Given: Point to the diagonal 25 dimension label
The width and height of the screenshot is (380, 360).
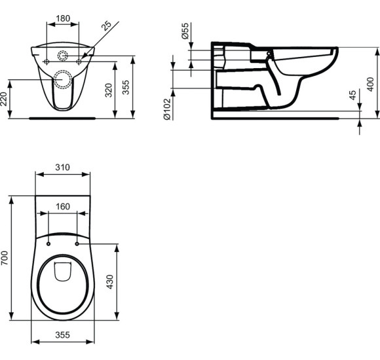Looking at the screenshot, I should (108, 26).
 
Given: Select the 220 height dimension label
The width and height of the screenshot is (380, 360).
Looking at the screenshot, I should (5, 99).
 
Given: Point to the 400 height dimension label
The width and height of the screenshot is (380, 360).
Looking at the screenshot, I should (371, 83).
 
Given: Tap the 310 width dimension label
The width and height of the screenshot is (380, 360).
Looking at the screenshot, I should (63, 168).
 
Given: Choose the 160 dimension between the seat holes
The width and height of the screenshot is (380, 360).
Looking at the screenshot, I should (63, 207).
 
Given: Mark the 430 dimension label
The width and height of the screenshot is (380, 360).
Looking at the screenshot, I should (110, 282).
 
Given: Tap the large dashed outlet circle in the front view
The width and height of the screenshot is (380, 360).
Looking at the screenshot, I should (64, 79).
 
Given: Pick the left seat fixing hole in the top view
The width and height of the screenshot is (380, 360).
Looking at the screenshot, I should (49, 244).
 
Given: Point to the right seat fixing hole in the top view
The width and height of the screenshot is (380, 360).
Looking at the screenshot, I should (77, 244).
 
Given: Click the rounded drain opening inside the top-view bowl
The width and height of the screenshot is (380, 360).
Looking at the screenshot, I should (63, 272).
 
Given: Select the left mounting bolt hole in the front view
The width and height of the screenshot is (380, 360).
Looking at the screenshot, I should (47, 61).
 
